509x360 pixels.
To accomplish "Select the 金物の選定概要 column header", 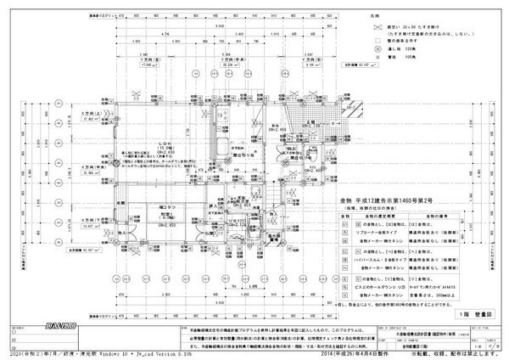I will [x=368, y=216].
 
